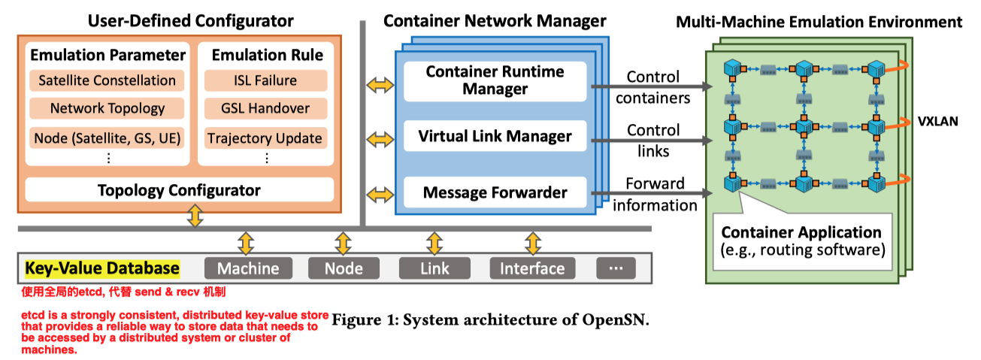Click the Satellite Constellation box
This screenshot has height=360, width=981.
coord(107,80)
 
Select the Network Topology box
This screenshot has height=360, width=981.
coord(107,108)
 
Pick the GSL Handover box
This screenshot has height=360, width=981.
coord(265,108)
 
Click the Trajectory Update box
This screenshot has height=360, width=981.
coord(265,138)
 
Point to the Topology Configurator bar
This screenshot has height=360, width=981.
coord(179,190)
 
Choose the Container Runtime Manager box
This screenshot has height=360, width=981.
coord(495,80)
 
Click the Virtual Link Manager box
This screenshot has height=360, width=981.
coord(495,137)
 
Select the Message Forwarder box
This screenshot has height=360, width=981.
coord(495,192)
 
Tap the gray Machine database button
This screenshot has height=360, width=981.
coord(248,268)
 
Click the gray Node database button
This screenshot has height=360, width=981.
coord(344,268)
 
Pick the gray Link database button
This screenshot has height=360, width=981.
coord(434,268)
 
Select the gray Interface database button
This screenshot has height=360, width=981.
coord(532,268)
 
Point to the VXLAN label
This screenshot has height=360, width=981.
coord(937,122)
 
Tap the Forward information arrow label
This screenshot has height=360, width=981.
coord(655,194)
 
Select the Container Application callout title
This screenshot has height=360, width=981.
coord(801,232)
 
